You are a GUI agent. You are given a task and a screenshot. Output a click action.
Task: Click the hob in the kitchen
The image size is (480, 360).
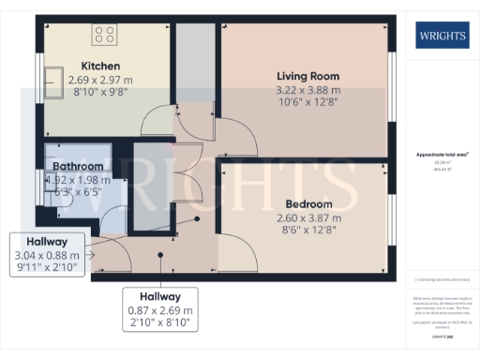tap(104, 36)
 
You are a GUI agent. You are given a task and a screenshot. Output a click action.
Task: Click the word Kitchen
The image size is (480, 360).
tap(100, 67)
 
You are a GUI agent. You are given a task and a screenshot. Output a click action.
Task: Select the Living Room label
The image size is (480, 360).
tap(307, 76)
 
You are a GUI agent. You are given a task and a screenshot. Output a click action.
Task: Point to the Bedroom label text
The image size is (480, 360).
tap(308, 203)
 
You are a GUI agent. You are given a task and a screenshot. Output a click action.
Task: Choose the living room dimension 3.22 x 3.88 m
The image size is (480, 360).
tap(307, 90)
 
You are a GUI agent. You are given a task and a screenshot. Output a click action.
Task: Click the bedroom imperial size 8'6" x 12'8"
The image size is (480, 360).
tap(308, 231)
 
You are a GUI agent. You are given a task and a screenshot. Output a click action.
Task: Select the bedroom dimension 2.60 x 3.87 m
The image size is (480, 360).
tap(308, 217)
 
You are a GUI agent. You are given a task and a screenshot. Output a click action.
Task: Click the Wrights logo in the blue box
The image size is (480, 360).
tap(441, 37)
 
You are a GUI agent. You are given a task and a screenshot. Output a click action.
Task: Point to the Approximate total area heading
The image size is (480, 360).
tap(441, 155)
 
